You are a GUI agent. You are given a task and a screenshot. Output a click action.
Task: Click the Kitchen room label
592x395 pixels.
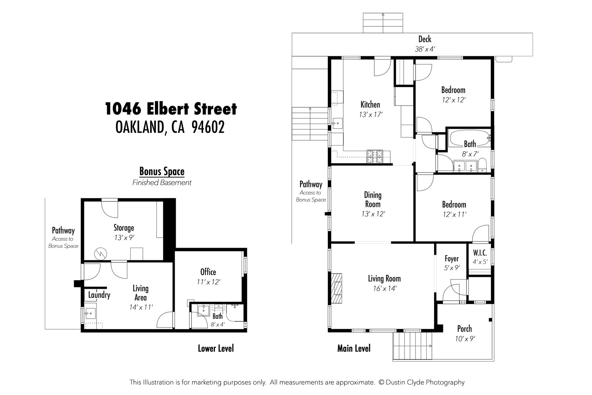click(x=370, y=105)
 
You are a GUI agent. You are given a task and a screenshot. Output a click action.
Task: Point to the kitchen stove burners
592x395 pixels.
click(x=376, y=157)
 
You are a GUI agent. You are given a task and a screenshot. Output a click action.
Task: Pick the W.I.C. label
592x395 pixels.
click(x=480, y=253)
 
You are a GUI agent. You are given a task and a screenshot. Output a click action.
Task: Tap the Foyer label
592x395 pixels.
click(x=451, y=259)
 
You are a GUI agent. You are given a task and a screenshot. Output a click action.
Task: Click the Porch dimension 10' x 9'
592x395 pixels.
click(x=465, y=338)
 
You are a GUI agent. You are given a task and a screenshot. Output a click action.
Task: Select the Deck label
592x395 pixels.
click(x=425, y=39)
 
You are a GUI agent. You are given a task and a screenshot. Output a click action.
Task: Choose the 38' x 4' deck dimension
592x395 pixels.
click(x=425, y=49)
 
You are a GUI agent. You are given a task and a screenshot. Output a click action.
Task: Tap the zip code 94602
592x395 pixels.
click(x=208, y=127)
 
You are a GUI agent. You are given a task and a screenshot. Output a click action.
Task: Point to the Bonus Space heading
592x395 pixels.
click(x=162, y=171)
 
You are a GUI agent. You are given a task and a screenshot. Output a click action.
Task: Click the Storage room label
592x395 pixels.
click(x=124, y=228)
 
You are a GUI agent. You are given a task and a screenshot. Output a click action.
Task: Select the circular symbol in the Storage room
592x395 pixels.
click(x=100, y=253)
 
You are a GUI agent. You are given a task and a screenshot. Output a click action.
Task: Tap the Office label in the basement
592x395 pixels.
click(x=208, y=272)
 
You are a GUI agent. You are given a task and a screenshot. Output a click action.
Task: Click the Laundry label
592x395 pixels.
click(x=99, y=295)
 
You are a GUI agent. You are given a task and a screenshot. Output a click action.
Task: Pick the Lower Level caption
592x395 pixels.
click(x=216, y=348)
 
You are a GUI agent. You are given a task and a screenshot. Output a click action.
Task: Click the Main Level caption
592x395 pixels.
click(x=354, y=348)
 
